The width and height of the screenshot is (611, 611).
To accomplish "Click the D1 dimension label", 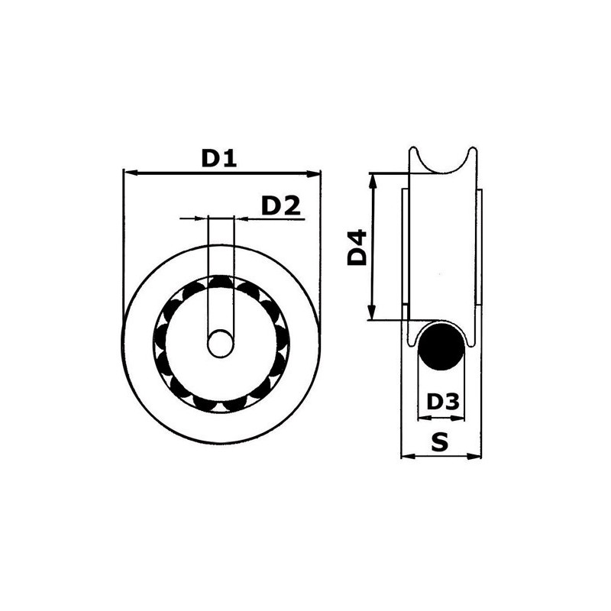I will coord(220,158).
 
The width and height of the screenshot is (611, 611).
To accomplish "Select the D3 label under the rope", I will coord(443,402).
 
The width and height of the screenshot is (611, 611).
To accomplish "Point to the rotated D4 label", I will coord(357,247).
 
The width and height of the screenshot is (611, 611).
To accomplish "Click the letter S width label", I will coord(440,441).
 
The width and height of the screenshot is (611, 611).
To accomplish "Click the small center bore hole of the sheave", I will coord(221,344).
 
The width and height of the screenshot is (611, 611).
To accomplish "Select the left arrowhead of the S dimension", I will coord(406,457).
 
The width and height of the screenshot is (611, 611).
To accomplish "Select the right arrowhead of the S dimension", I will coord(477,457).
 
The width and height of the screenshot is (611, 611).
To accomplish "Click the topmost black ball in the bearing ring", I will coord(221,283).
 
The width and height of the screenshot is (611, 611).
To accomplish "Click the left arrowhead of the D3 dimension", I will coord(422,418).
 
